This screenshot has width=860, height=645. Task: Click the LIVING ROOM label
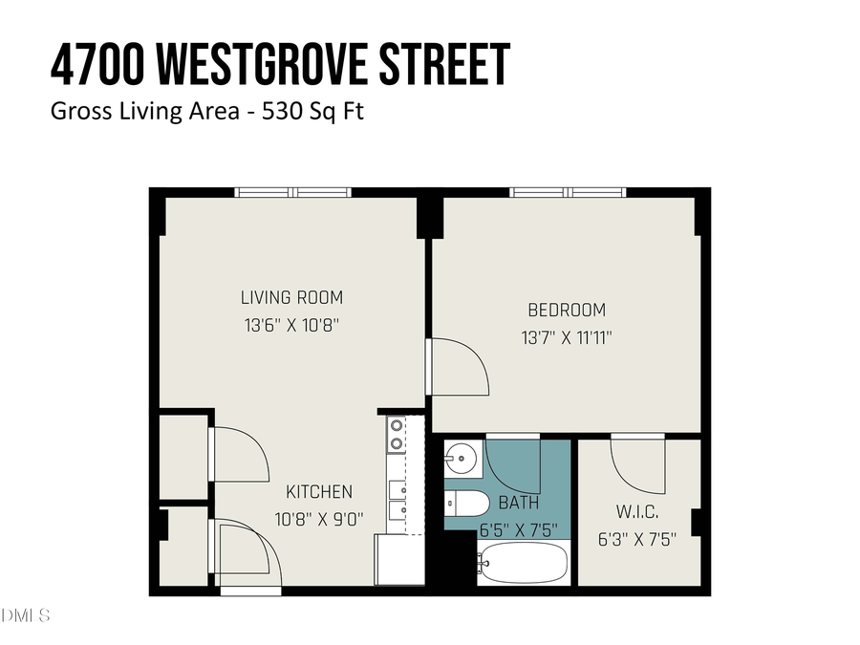point(291,297)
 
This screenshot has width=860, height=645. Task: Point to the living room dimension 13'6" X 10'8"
point(291,325)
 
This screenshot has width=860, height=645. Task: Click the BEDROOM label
point(567,310)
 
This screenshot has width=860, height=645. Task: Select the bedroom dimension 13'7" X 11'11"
point(567,337)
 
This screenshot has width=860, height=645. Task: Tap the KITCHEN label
point(319,492)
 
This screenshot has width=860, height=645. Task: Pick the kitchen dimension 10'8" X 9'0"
point(319,519)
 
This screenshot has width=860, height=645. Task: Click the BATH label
point(519,502)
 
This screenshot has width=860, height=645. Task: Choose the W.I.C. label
point(637,512)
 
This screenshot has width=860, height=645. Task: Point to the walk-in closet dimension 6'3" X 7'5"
point(637,539)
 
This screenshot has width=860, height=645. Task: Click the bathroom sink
point(462,458)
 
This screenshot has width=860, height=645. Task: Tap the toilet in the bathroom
point(467,503)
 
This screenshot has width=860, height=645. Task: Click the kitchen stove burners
point(396,435)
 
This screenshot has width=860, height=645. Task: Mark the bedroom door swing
point(457,368)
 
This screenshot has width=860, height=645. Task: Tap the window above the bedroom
point(569,192)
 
